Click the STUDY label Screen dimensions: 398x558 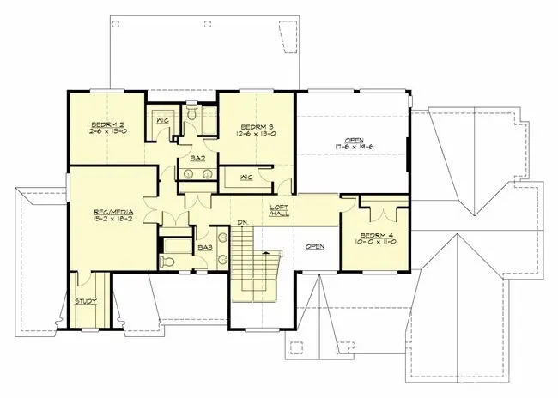[85, 301]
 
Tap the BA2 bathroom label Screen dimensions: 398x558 [197, 159]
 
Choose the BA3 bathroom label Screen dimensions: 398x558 [204, 248]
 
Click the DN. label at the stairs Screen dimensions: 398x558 [243, 224]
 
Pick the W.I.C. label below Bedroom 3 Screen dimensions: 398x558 [245, 178]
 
